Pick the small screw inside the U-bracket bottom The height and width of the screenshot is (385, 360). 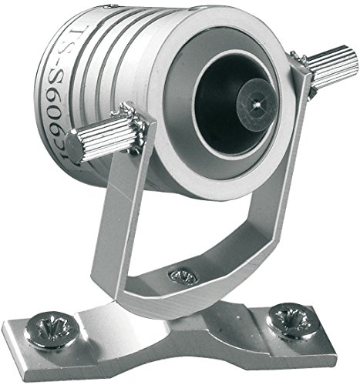[x=183, y=275]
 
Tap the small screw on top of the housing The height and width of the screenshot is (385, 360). [x=114, y=7]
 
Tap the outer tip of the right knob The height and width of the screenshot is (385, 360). [x=351, y=60]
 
